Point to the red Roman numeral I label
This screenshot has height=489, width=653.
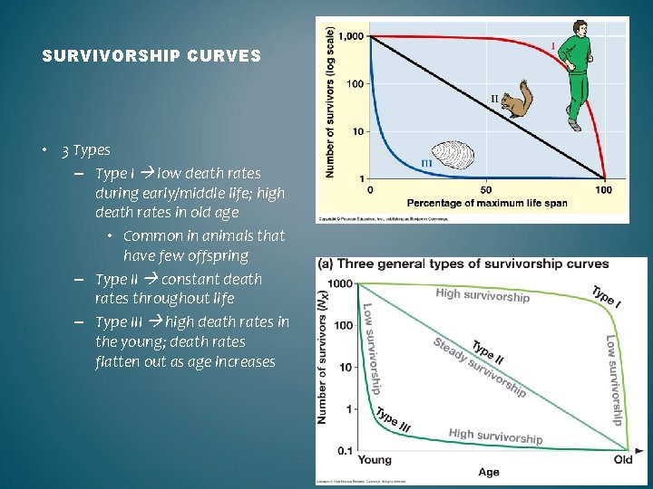(553, 45)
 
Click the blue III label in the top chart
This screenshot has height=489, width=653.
(426, 163)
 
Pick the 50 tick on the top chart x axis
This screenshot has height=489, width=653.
(485, 189)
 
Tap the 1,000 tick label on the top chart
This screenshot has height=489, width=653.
(351, 36)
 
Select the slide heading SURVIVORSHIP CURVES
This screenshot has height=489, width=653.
(151, 56)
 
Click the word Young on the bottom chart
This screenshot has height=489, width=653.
(375, 459)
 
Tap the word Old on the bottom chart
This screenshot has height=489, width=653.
(623, 459)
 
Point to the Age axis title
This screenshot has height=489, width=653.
(489, 472)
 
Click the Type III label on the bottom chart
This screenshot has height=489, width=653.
(394, 419)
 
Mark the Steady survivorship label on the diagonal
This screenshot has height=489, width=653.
(479, 369)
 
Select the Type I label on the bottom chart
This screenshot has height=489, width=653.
(606, 297)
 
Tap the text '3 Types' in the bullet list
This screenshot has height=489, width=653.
(86, 150)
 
